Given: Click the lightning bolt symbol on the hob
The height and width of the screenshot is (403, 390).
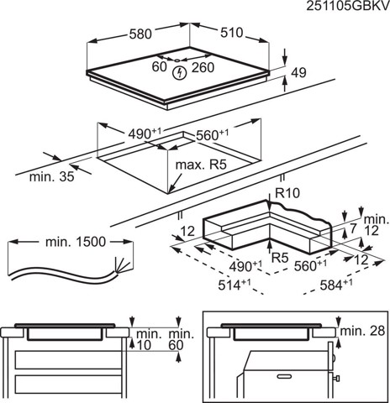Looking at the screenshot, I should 177,74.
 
